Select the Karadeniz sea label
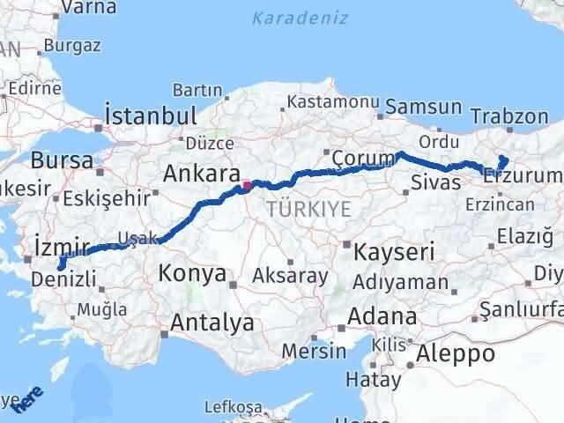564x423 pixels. (x=299, y=18)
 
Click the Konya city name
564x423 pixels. (x=192, y=274)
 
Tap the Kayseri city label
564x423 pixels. (x=394, y=252)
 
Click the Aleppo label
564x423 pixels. (x=457, y=354)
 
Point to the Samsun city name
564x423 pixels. (x=429, y=107)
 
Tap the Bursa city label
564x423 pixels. (x=62, y=160)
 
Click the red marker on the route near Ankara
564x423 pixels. (x=247, y=185)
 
